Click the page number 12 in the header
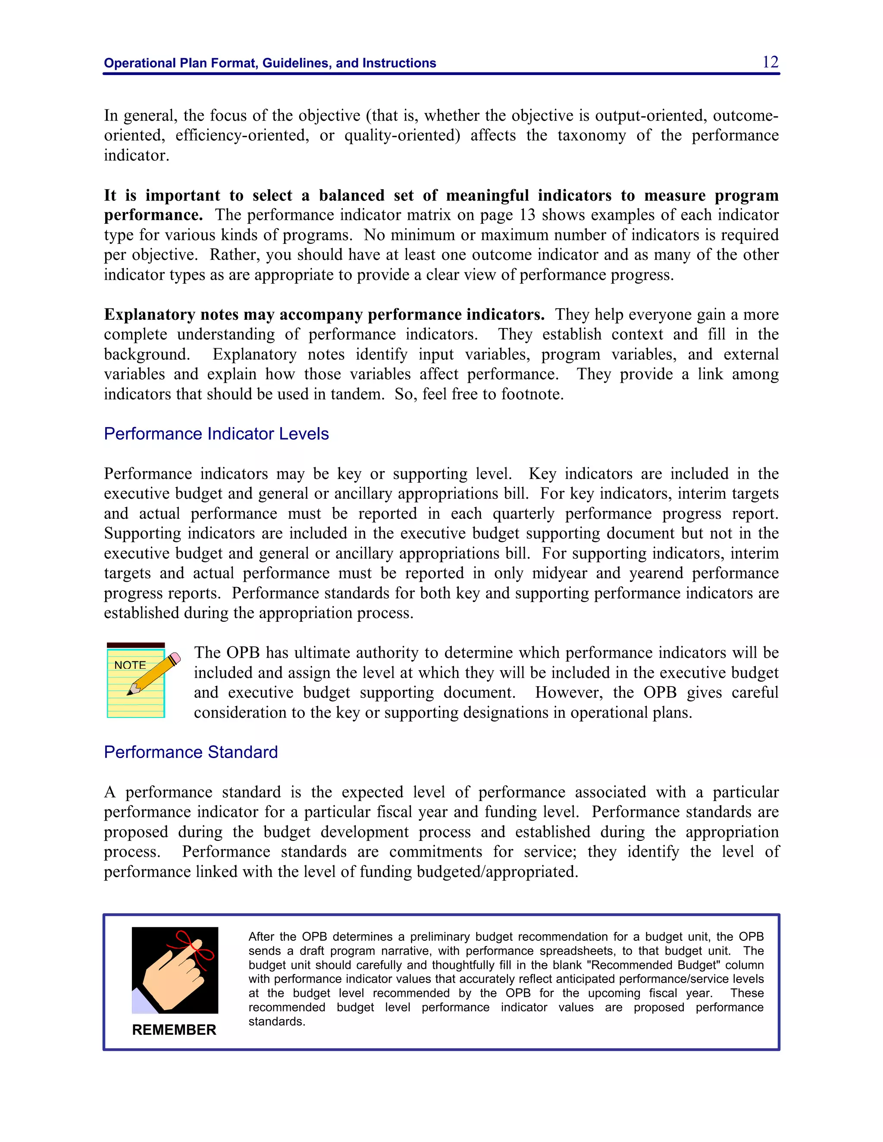coord(770,62)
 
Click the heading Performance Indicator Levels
coord(216,434)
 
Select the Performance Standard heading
coord(191,752)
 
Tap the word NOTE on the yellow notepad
coord(130,665)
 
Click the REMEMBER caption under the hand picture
coord(174,1030)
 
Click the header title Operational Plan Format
coord(269,63)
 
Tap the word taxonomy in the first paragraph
coord(591,135)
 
